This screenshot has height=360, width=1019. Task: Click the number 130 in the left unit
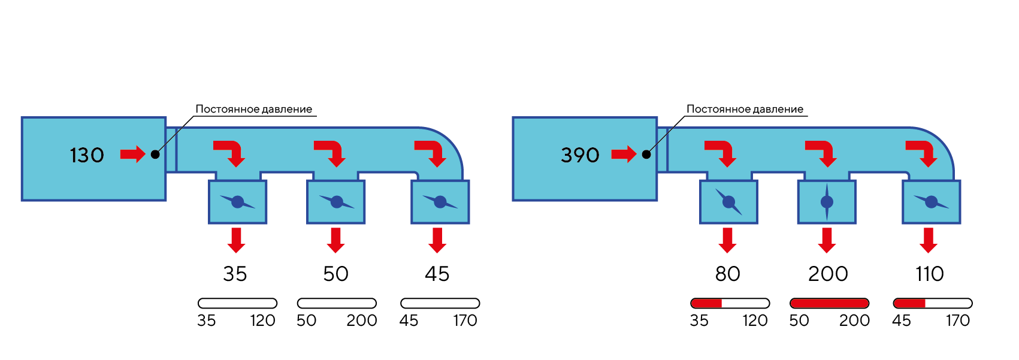tap(87, 155)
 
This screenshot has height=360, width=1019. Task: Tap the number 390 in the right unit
tap(580, 155)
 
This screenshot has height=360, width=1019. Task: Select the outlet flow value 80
tap(727, 274)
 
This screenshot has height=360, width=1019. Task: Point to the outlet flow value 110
tap(929, 274)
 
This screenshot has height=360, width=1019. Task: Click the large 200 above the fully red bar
tap(828, 274)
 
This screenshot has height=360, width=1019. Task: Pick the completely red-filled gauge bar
tap(829, 303)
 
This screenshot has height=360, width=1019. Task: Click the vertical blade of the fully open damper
tap(827, 202)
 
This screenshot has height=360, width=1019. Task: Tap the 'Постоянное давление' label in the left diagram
tap(253, 109)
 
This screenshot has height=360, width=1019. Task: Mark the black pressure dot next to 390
tap(646, 155)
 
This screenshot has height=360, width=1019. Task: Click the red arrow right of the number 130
tap(132, 155)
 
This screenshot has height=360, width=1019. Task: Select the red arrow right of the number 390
tap(624, 155)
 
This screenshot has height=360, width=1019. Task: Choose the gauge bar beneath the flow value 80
tap(730, 303)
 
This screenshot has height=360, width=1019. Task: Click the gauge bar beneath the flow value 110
tap(932, 303)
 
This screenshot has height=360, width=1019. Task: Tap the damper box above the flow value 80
tap(728, 202)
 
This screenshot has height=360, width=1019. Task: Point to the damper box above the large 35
tap(238, 202)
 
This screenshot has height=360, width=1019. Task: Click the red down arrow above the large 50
tap(335, 240)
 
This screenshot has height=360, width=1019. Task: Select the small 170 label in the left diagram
tap(465, 320)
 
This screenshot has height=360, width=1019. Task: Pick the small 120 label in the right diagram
tap(755, 320)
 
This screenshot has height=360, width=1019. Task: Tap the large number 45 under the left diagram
tap(437, 274)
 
